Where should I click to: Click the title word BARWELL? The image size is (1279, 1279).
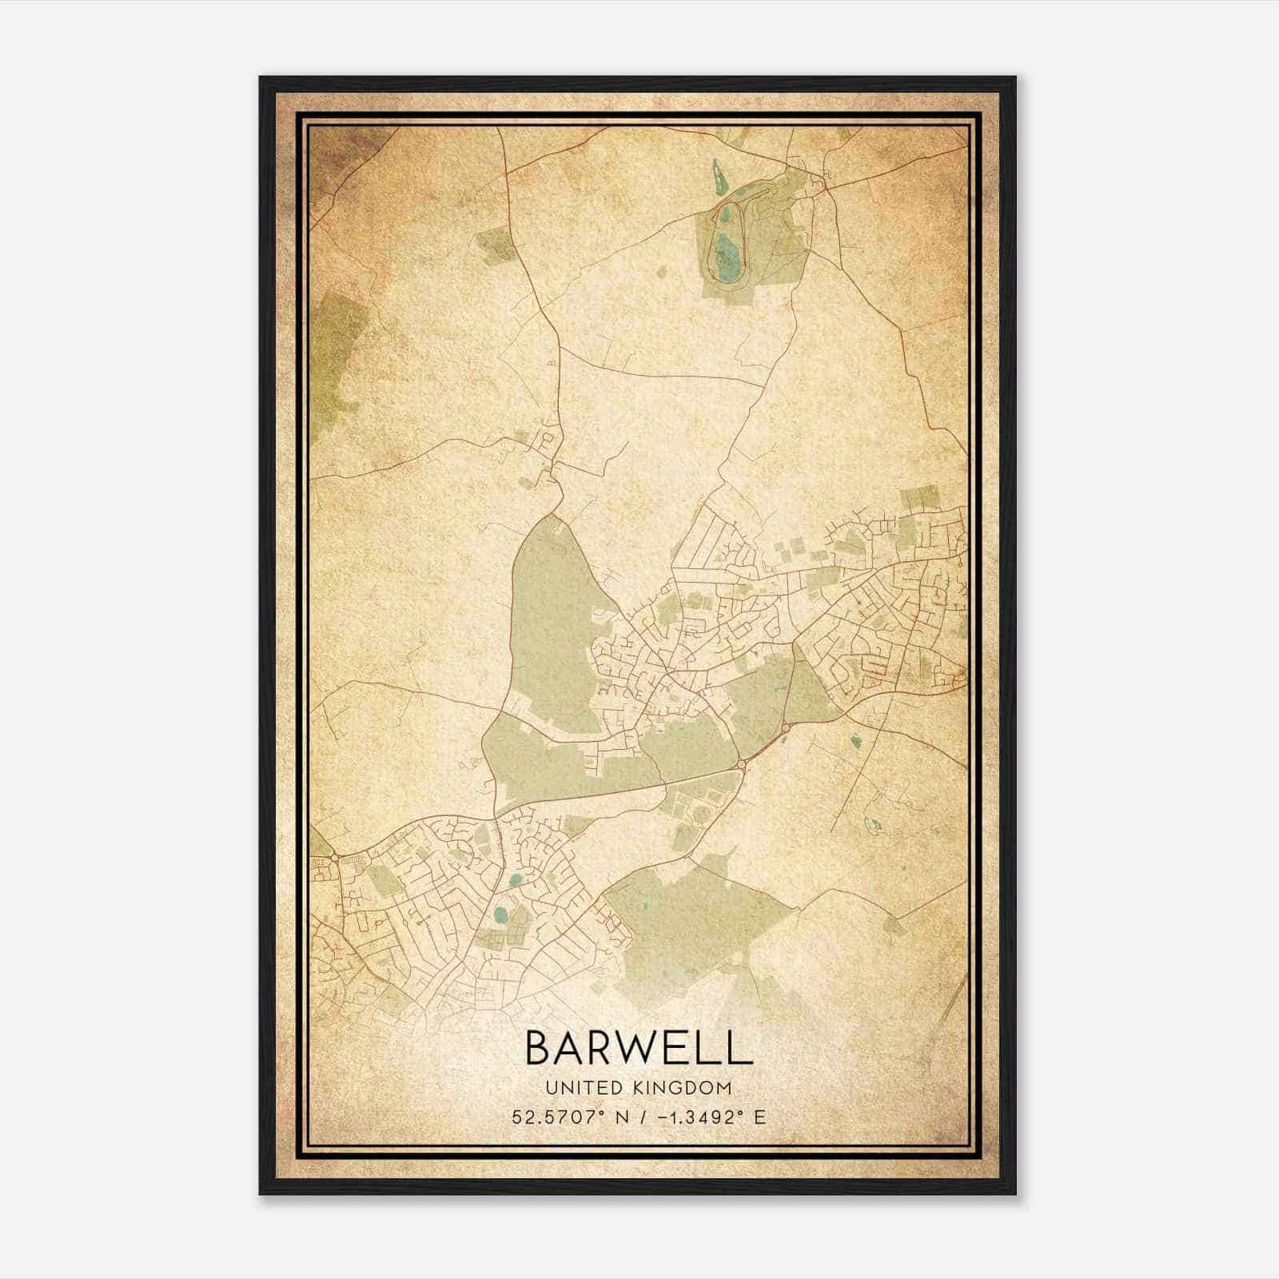tap(639, 1048)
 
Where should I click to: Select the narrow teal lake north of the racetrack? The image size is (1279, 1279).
tap(717, 174)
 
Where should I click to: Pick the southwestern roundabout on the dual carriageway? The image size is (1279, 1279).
tap(742, 765)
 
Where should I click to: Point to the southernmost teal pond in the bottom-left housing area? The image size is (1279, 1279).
tap(500, 914)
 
